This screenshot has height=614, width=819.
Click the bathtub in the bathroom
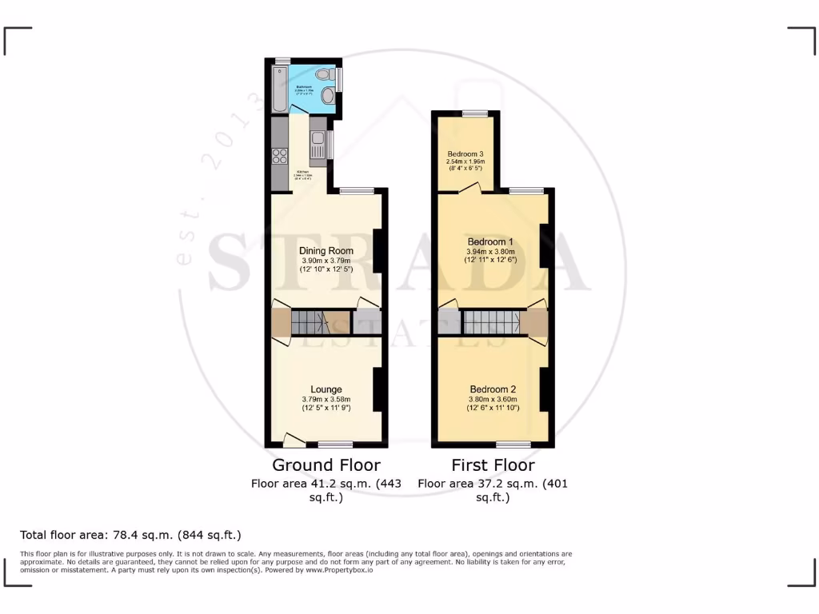pyautogui.click(x=278, y=89)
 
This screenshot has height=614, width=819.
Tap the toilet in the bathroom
pyautogui.click(x=323, y=75)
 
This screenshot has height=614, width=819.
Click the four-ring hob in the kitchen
pyautogui.click(x=280, y=156)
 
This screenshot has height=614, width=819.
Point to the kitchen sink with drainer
pyautogui.click(x=318, y=145)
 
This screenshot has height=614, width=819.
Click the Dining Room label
pyautogui.click(x=326, y=250)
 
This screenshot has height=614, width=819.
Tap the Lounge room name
pyautogui.click(x=326, y=389)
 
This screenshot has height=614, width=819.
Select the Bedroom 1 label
pyautogui.click(x=491, y=241)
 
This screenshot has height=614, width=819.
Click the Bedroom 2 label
pyautogui.click(x=492, y=389)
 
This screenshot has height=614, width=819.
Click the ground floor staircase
pyautogui.click(x=310, y=322)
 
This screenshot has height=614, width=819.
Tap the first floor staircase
pyautogui.click(x=492, y=322)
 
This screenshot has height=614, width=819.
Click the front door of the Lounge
pyautogui.click(x=294, y=439)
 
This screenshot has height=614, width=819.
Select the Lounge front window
pyautogui.click(x=335, y=444)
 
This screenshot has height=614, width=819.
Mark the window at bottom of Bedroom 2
pyautogui.click(x=513, y=444)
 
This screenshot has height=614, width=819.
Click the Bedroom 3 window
pyautogui.click(x=474, y=114)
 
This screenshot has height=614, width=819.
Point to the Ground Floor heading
pyautogui.click(x=326, y=465)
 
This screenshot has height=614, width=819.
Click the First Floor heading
pyautogui.click(x=493, y=465)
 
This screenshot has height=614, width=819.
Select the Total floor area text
pyautogui.click(x=130, y=535)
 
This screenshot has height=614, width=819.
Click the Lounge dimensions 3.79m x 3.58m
pyautogui.click(x=326, y=400)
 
